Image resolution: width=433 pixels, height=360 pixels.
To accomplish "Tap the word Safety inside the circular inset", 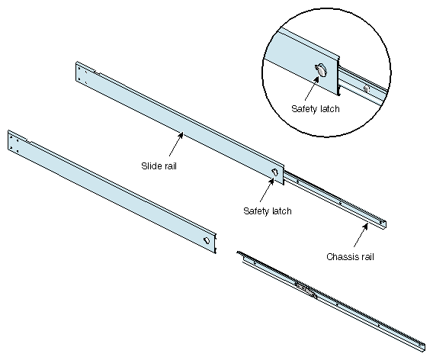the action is click(303, 108).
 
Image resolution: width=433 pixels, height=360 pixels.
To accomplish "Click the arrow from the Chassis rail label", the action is click(361, 235).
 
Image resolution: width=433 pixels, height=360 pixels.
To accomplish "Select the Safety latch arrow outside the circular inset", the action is click(267, 190).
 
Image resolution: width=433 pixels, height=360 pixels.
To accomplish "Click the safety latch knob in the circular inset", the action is click(321, 69).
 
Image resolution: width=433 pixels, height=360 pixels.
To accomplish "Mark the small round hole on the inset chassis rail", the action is click(367, 89).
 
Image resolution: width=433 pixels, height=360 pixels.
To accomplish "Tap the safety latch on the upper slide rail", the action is click(274, 172).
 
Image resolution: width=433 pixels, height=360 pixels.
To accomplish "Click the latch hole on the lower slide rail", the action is click(207, 240).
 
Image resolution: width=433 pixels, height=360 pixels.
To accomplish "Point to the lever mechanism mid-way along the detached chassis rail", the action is click(306, 290).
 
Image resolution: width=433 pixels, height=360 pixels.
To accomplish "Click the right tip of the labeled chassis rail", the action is click(386, 224).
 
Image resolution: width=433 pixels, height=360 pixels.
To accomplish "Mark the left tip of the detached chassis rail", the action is click(238, 252).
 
